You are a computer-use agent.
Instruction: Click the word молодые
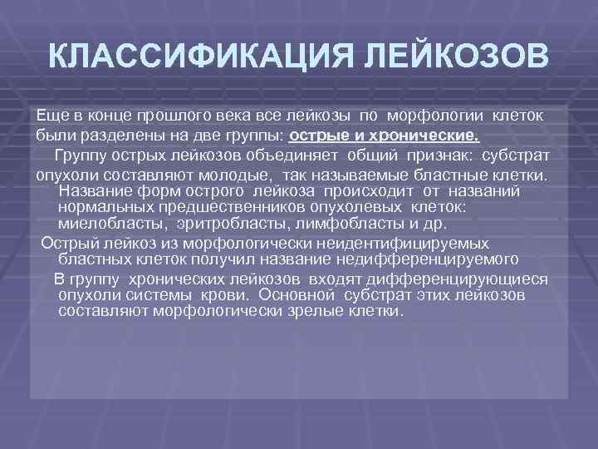tap(242, 175)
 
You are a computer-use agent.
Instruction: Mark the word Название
tap(96, 190)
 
